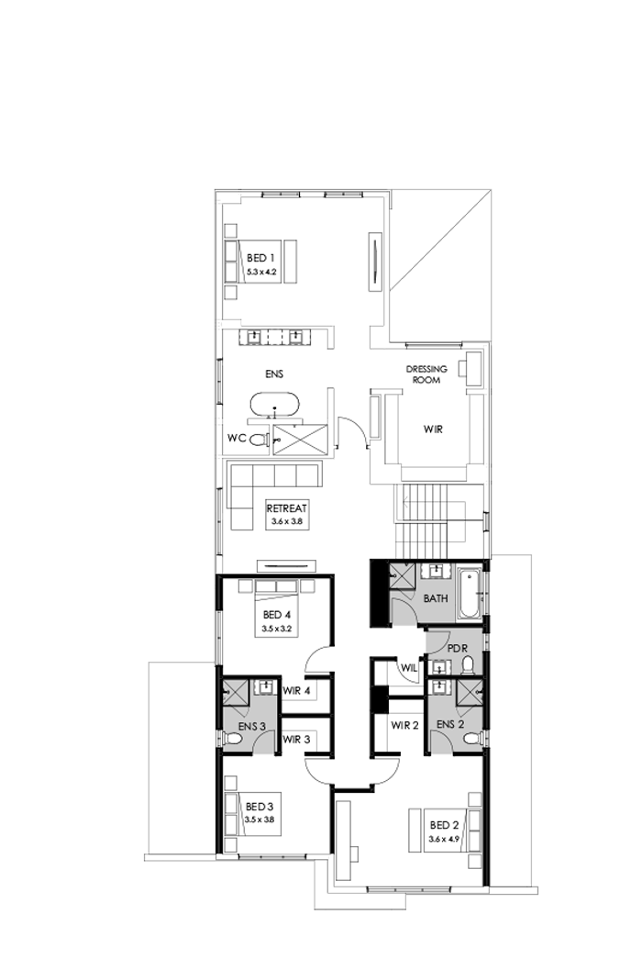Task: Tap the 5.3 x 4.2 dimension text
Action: tap(261, 273)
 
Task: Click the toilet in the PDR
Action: tap(467, 663)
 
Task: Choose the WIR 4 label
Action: tap(297, 690)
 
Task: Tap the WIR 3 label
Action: tap(297, 739)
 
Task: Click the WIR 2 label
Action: tap(404, 725)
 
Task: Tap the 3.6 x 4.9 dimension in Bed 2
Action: tap(443, 839)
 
